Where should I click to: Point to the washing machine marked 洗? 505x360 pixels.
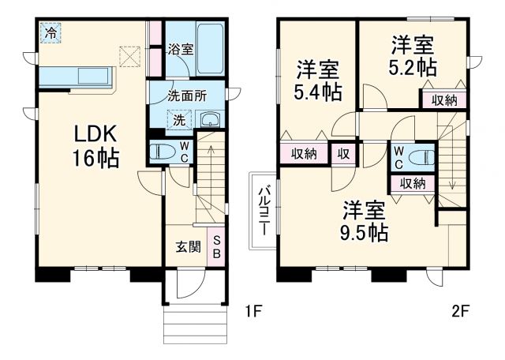[x=179, y=120]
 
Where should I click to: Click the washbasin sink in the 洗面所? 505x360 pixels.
[x=210, y=120]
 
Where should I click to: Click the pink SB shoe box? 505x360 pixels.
[x=218, y=246]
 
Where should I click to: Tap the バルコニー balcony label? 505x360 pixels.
[x=265, y=209]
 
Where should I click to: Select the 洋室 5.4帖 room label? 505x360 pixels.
[x=318, y=79]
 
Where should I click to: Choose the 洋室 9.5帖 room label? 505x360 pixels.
[x=365, y=221]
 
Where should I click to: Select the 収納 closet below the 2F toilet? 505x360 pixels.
[x=412, y=183]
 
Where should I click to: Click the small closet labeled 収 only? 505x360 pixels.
[x=344, y=153]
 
